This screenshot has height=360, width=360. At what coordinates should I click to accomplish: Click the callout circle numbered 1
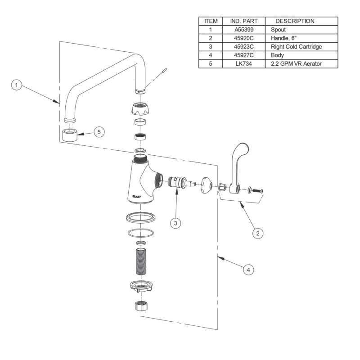16,85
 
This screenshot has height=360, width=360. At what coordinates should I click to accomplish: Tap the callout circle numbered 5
99,131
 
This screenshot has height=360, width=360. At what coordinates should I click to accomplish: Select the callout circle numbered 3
176,222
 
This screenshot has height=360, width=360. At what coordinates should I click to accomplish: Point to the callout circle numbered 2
257,233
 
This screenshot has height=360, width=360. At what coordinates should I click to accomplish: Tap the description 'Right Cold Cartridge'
296,47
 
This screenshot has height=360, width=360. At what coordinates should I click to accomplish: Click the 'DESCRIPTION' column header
295,21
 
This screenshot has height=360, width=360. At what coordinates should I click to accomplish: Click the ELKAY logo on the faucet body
135,196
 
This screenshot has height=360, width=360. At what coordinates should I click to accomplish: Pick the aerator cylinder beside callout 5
70,134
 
